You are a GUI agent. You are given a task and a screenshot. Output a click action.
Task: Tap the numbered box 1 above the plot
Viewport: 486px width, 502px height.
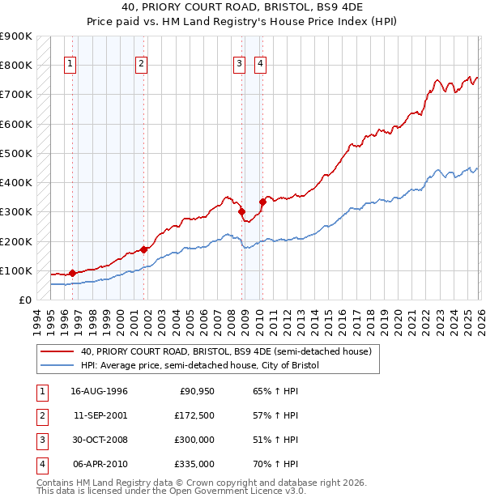[x=71, y=65]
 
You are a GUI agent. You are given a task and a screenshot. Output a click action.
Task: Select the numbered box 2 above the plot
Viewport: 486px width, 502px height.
[x=142, y=65]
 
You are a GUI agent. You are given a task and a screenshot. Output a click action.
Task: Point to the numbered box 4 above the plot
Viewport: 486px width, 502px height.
[x=260, y=65]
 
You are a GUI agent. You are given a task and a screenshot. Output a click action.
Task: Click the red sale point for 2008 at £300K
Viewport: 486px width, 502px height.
[x=242, y=212]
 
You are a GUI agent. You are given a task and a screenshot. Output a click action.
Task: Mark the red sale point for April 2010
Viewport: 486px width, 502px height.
[x=262, y=202]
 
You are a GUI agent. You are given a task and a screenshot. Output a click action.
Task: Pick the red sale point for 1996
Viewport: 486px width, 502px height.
[x=72, y=274]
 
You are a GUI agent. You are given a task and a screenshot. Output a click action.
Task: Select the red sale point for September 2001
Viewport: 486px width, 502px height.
[x=143, y=249]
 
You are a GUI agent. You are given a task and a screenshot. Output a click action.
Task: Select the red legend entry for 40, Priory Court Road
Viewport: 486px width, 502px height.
[x=225, y=351]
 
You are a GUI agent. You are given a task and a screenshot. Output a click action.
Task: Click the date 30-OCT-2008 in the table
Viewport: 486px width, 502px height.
[x=100, y=440]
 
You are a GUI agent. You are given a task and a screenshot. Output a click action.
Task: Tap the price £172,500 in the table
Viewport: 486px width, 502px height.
[x=194, y=416]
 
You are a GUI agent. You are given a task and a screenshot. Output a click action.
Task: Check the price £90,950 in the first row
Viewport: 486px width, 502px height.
[x=197, y=392]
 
